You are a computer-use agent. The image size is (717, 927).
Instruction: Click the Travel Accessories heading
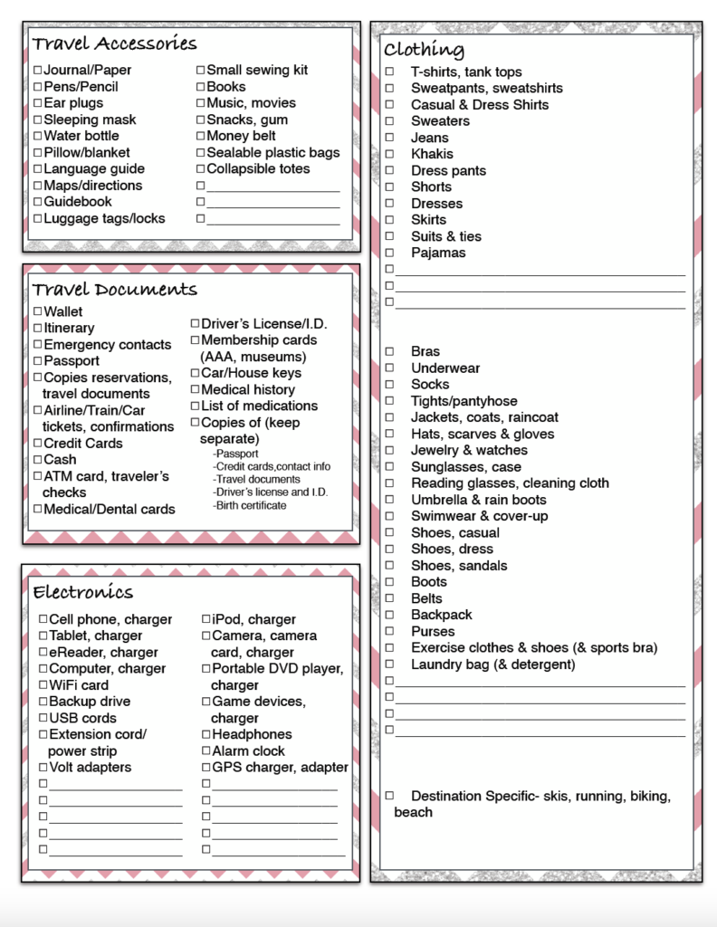point(114,43)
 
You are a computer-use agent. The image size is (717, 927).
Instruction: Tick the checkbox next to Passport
point(37,361)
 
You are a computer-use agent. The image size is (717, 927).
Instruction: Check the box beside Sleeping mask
point(37,119)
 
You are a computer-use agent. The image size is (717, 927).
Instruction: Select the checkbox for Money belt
point(200,136)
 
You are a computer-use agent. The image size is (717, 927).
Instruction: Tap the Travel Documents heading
point(114,290)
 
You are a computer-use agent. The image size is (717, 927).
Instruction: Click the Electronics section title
point(82,593)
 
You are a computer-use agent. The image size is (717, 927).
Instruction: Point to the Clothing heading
point(424,50)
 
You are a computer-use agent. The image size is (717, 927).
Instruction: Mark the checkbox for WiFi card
point(43,685)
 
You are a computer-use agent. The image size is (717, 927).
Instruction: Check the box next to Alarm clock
point(206,751)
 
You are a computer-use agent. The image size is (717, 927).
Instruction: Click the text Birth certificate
point(250,505)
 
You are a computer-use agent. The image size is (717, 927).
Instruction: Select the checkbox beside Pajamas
point(389,253)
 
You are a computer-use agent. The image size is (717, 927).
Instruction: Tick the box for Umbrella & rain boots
point(389,500)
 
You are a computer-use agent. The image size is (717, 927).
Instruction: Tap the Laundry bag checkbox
point(389,664)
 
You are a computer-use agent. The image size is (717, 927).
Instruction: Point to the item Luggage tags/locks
point(104,218)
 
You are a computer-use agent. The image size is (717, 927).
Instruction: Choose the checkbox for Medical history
point(195,389)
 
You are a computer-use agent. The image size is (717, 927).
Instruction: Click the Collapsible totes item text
point(258,169)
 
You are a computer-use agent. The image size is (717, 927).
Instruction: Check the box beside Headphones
point(206,734)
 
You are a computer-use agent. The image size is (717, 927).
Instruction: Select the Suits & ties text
point(446,236)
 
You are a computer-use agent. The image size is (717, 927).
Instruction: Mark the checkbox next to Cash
point(37,460)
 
